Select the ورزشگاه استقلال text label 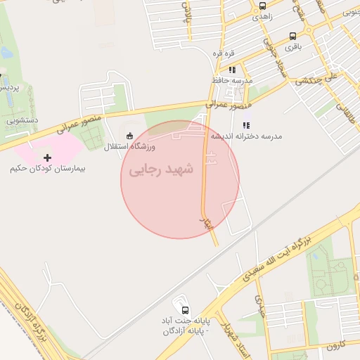(130, 147)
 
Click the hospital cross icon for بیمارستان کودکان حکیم (47, 157)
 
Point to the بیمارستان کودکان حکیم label (48, 170)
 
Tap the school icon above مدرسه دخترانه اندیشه (245, 124)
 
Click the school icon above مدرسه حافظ (231, 70)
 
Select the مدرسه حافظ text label (231, 81)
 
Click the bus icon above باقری (292, 36)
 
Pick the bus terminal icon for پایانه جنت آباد (185, 309)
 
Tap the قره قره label (224, 54)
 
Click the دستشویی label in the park (22, 121)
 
